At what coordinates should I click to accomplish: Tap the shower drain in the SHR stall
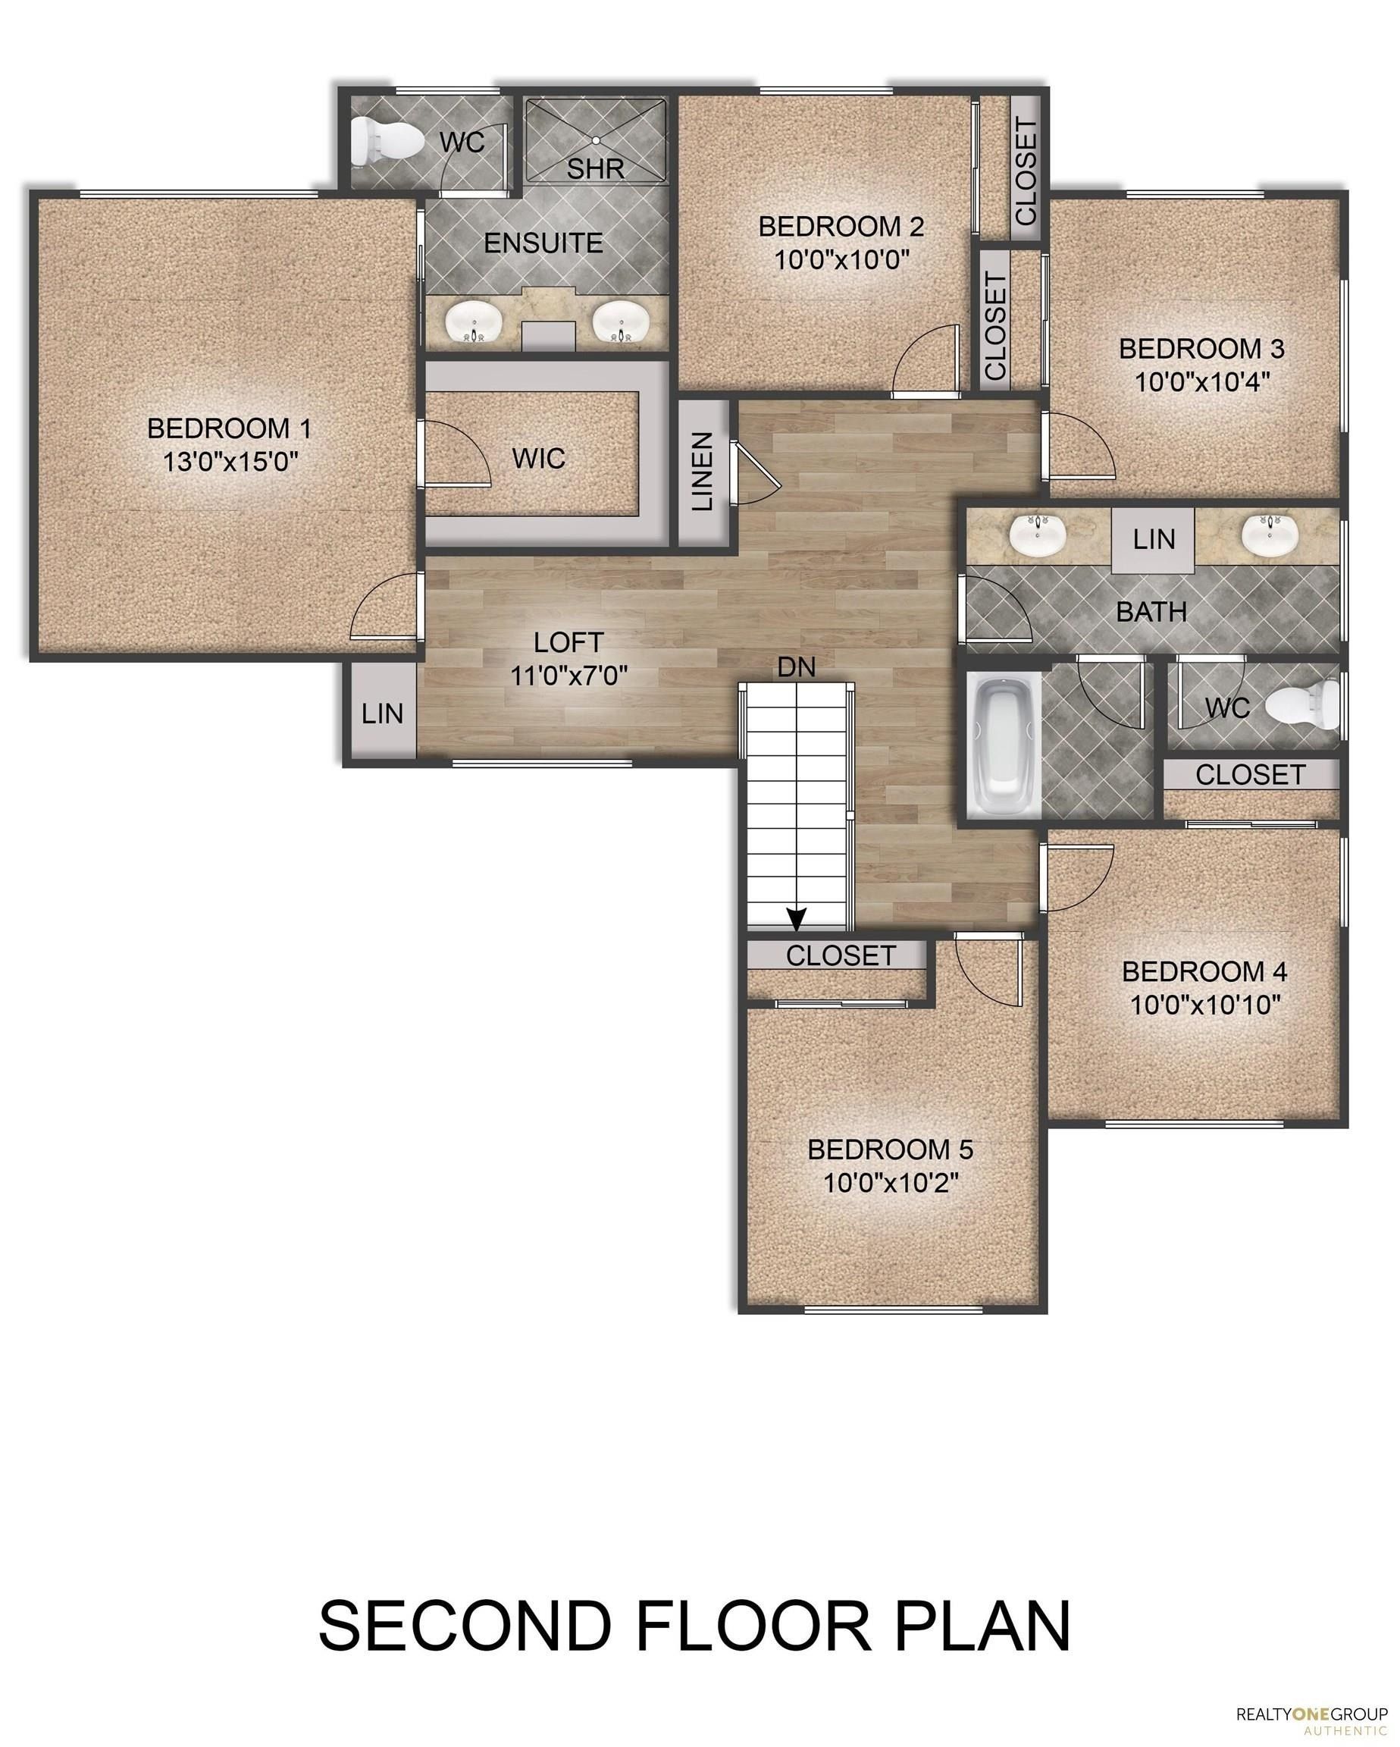[x=596, y=140]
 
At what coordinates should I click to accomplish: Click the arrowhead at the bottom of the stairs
[x=797, y=919]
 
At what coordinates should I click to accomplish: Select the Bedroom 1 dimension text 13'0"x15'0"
[x=231, y=462]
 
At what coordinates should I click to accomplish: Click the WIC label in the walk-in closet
[x=539, y=459]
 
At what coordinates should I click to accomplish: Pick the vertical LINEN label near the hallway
[x=703, y=471]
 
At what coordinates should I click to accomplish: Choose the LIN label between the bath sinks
[x=1154, y=539]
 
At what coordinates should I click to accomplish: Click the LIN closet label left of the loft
[x=383, y=713]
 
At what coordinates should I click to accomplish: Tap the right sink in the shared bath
[x=1270, y=535]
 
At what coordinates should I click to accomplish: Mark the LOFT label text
[x=568, y=642]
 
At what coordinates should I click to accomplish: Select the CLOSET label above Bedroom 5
[x=841, y=955]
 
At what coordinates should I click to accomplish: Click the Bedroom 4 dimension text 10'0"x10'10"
[x=1204, y=1005]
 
